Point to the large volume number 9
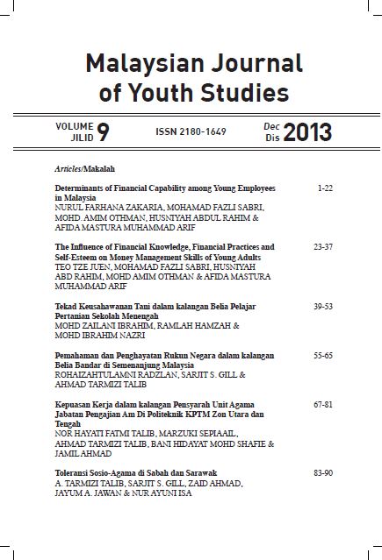[x=104, y=133]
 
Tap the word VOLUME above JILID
[x=74, y=127]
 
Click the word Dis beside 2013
[x=271, y=139]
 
